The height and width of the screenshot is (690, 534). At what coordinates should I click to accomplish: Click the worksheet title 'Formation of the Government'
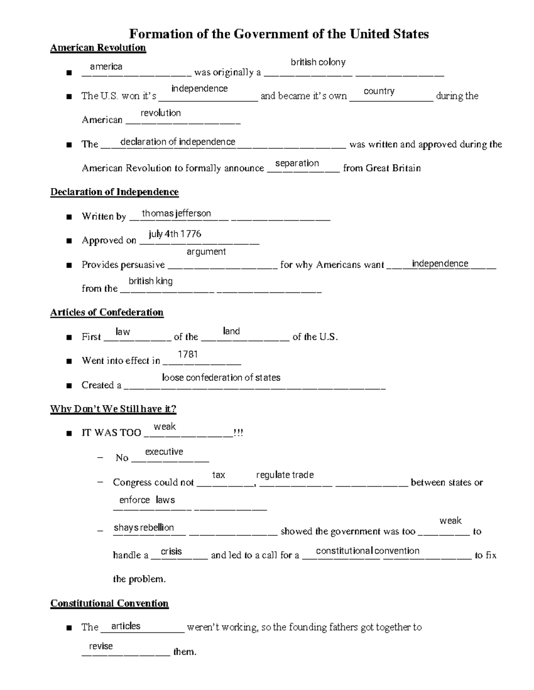(279, 34)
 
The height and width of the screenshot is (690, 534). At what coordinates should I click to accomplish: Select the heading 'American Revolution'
(98, 48)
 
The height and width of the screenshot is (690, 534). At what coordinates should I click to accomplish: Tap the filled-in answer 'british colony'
(318, 62)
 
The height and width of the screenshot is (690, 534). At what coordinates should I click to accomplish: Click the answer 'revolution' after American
(160, 113)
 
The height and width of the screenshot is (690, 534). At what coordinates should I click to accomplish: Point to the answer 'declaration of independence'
(178, 142)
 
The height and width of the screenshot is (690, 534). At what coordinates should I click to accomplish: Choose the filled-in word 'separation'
(297, 163)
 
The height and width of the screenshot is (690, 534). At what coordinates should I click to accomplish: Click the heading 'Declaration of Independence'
(114, 192)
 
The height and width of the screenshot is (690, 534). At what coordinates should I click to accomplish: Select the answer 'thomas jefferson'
(176, 213)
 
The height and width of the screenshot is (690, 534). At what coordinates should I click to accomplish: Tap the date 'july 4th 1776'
(175, 234)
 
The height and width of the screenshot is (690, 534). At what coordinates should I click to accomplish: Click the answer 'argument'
(206, 251)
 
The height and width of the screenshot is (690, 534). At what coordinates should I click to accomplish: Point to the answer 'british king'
(150, 281)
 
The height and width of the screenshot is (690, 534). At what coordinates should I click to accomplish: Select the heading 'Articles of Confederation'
(107, 312)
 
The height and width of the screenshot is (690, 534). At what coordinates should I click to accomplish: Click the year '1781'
(187, 354)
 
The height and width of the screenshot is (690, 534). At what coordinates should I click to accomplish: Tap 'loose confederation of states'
(221, 378)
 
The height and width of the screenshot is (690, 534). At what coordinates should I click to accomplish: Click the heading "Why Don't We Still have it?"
(113, 409)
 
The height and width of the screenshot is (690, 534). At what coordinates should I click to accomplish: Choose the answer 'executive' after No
(164, 452)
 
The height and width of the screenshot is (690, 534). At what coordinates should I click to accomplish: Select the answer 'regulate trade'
(285, 475)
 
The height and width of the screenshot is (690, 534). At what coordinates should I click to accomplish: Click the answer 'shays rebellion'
(144, 527)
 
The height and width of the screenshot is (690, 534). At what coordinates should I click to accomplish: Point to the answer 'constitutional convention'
(368, 551)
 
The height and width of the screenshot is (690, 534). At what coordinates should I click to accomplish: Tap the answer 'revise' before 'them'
(101, 646)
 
